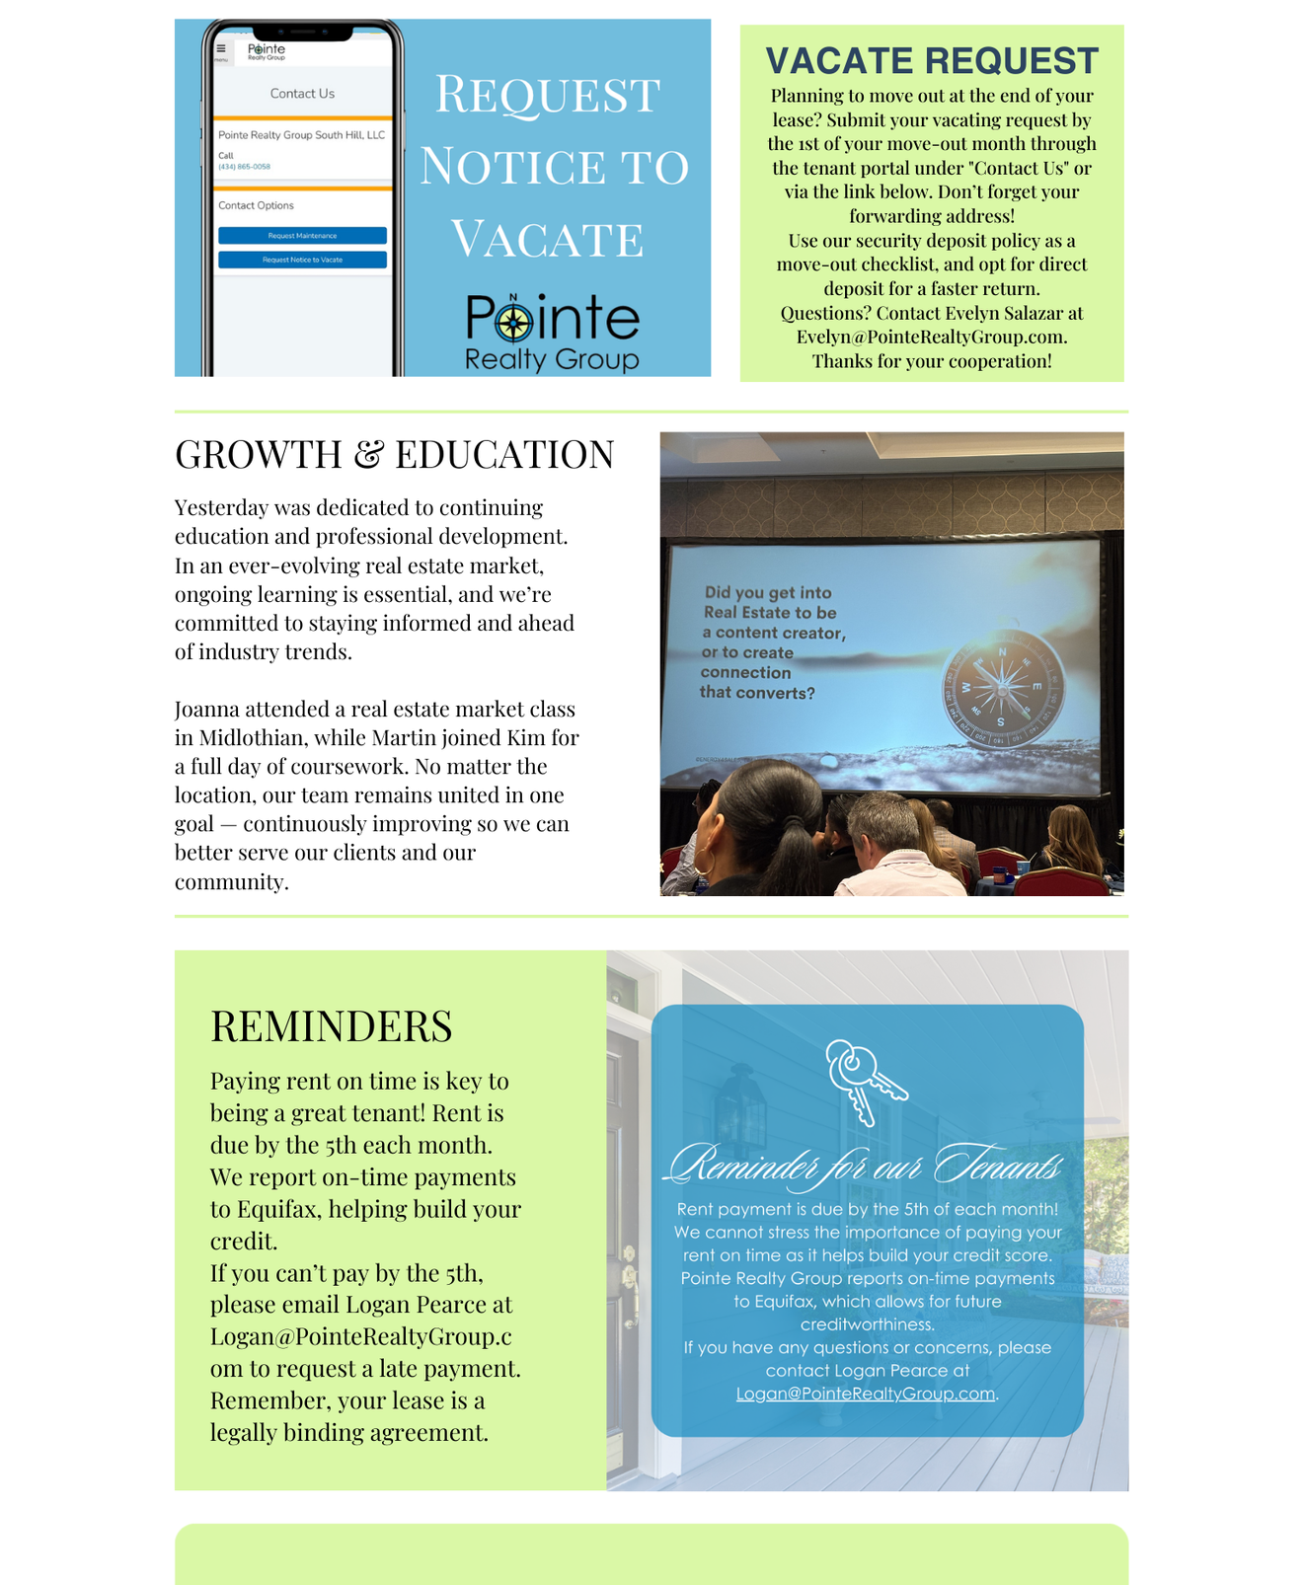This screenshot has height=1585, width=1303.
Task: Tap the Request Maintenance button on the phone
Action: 302,236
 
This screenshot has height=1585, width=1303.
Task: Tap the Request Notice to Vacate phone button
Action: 302,260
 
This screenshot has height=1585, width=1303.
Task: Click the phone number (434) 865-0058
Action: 244,167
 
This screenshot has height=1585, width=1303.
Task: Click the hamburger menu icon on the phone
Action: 221,48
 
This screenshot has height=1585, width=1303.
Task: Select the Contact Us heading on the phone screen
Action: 302,94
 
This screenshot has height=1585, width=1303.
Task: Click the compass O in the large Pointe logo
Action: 513,321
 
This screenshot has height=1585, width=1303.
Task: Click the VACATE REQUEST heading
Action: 932,61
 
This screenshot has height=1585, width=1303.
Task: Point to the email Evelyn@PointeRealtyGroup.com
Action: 932,337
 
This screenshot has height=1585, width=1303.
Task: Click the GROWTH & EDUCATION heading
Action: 394,455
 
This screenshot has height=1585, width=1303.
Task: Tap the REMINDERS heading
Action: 331,1026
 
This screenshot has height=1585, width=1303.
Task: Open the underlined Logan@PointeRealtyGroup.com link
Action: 866,1394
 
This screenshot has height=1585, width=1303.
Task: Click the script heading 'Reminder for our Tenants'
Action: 866,1166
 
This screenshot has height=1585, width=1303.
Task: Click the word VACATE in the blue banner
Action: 547,240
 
